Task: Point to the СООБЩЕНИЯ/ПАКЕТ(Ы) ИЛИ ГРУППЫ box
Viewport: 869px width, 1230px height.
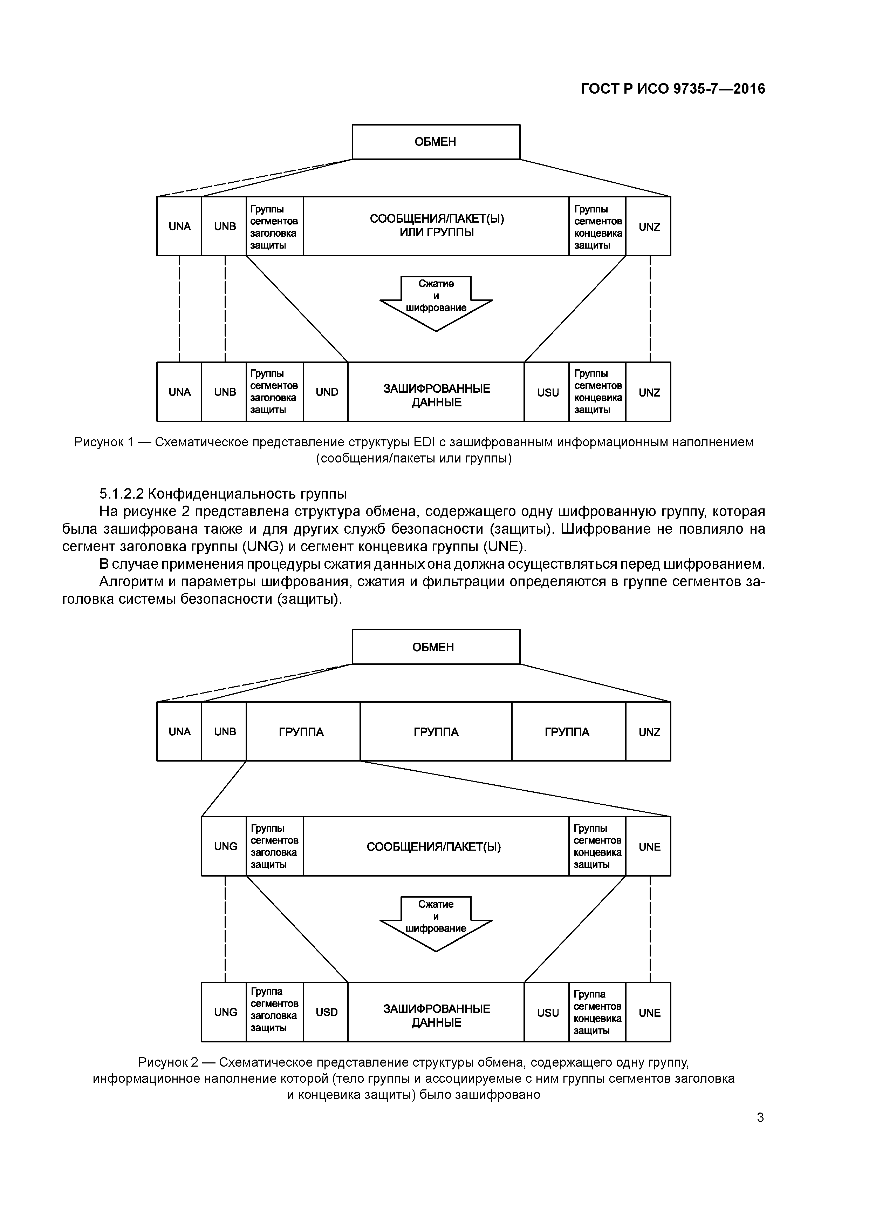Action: [436, 226]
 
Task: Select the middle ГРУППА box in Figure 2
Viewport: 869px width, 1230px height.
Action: [436, 732]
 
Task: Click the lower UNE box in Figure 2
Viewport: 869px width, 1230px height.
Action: [648, 1013]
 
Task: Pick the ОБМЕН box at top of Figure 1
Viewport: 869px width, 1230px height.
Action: [436, 142]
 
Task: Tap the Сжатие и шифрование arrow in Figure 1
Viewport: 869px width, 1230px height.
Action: [436, 300]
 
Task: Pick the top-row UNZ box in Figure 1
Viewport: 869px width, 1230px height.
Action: [648, 227]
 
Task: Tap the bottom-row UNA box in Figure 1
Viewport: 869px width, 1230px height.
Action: [179, 392]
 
